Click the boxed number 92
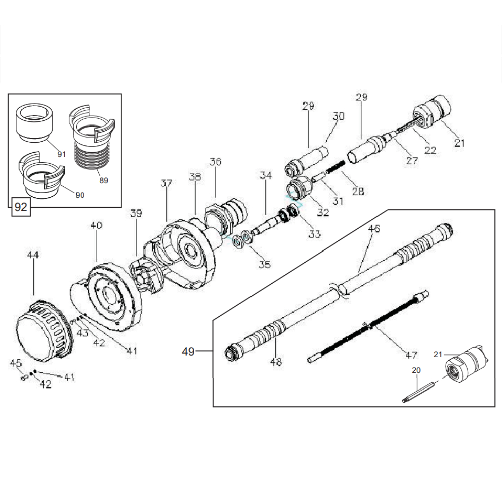[21, 207]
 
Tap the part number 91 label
[61, 154]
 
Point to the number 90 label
[80, 195]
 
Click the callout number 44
[33, 255]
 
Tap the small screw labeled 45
[24, 378]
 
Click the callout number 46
[374, 228]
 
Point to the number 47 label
[411, 355]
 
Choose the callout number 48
[276, 362]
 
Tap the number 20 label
[416, 370]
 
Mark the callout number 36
[215, 162]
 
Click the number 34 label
[266, 175]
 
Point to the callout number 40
[96, 226]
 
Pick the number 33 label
[314, 234]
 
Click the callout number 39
[136, 213]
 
